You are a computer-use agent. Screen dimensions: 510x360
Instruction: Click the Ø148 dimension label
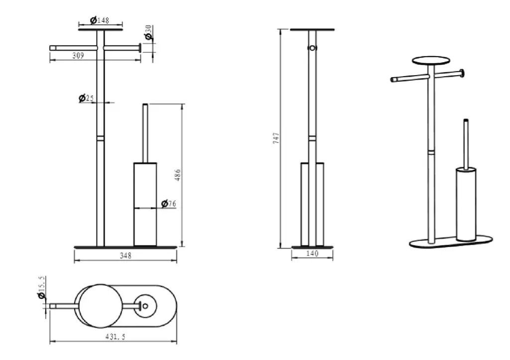coord(100,20)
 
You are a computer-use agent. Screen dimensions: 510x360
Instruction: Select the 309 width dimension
coord(78,56)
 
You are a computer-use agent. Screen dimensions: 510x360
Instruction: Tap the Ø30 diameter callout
coord(148,33)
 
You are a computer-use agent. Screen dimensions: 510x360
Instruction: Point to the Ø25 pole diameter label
coord(86,98)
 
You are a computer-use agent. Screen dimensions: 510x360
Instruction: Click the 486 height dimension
coord(178,175)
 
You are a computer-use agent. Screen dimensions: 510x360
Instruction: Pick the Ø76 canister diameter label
coord(168,204)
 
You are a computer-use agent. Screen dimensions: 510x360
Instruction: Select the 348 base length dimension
coord(126,256)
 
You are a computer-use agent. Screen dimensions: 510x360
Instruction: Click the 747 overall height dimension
coord(276,138)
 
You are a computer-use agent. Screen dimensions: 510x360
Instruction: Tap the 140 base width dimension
coord(312,253)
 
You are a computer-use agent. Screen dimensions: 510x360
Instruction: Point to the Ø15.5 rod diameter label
coord(41,288)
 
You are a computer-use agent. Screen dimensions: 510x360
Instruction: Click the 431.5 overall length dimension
coord(115,337)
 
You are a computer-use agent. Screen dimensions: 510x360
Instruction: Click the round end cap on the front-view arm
coord(140,48)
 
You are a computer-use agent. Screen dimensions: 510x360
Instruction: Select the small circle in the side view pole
coord(313,48)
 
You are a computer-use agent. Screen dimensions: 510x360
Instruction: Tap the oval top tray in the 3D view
coord(431,60)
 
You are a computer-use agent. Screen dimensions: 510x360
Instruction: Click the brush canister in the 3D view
coord(466,204)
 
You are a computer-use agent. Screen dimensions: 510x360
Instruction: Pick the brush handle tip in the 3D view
coord(466,120)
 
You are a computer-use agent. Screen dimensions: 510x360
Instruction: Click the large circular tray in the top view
coord(101,306)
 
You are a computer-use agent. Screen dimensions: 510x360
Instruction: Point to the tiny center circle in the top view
coord(145,306)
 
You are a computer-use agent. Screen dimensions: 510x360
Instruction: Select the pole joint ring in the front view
coord(101,138)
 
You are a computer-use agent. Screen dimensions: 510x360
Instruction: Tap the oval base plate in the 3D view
coord(451,242)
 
